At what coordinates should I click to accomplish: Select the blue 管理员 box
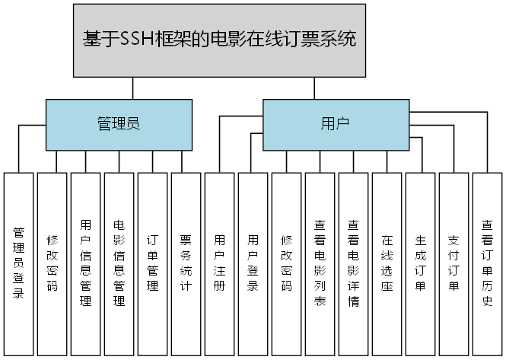click(118, 124)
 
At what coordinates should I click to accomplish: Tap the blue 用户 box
click(335, 124)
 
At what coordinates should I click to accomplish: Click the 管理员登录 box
click(18, 263)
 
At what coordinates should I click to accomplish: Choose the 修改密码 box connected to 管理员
click(52, 263)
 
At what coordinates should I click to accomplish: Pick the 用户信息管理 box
click(85, 263)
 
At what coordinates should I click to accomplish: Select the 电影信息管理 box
click(119, 263)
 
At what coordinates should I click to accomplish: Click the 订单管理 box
click(152, 263)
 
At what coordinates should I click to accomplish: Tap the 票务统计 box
click(186, 263)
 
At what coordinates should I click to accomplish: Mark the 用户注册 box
click(219, 263)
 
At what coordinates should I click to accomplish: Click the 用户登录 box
click(253, 263)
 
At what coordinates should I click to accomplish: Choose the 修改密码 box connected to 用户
click(286, 263)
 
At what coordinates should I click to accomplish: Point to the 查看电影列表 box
click(320, 263)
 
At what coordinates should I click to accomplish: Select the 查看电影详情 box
click(353, 263)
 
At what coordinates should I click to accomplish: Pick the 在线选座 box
click(387, 263)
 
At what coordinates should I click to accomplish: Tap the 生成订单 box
click(420, 263)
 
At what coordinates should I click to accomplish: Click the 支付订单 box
click(453, 263)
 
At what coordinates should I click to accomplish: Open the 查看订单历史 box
click(487, 263)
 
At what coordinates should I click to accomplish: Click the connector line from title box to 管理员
click(133, 88)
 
